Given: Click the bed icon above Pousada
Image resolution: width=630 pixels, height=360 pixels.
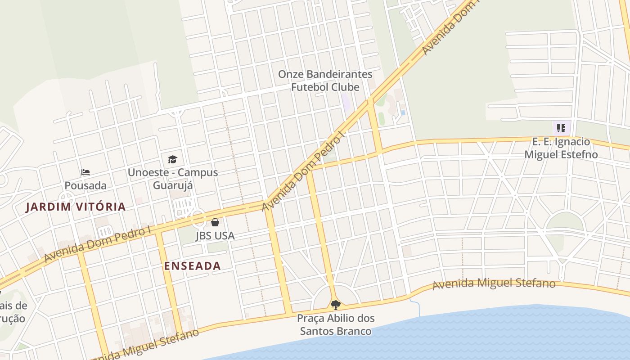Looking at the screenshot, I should pos(85,172).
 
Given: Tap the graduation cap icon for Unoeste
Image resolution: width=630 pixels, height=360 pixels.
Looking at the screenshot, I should pos(172,159).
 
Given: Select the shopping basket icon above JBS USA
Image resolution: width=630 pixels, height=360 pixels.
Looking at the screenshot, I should pos(215,222).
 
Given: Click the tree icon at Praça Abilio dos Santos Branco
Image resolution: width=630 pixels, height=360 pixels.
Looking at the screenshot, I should pos(335,305).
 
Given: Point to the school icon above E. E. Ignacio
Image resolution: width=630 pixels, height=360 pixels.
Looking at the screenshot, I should pos(561,128).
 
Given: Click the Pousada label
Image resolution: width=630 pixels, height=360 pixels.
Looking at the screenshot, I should pos(85,185).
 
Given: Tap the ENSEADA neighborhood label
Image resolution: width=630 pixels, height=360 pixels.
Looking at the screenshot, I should pos(192,266).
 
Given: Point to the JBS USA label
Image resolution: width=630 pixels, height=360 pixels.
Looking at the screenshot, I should pos(215,235).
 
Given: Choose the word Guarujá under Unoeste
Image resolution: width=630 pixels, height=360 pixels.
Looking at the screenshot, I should pos(173,185).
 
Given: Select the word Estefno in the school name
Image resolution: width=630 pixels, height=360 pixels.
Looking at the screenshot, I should pos(578,154).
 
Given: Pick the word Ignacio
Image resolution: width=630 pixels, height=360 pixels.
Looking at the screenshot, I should pos(573,142).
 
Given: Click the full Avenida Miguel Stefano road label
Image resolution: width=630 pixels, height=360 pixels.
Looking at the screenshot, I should pos(494,284).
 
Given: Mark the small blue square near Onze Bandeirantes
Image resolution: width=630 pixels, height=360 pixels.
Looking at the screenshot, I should pos(403,112).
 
